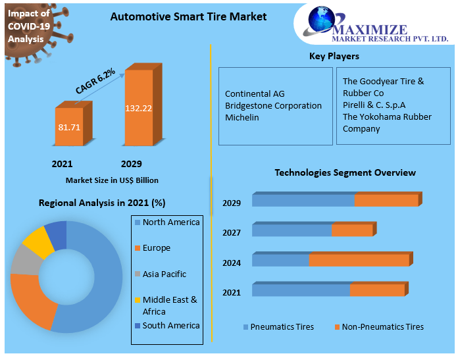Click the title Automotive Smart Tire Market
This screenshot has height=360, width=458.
tap(188, 16)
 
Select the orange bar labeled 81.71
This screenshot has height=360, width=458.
tap(68, 126)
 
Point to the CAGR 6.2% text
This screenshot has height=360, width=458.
tap(95, 81)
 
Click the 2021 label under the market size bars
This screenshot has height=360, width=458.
tap(62, 164)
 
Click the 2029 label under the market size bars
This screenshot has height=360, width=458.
tap(131, 164)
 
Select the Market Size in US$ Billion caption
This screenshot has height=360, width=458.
tap(112, 180)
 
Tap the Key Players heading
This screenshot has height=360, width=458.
tap(334, 57)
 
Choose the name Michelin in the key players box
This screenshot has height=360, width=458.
tap(242, 118)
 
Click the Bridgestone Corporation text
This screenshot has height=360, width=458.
tap(273, 105)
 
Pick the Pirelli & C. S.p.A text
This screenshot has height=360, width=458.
tap(374, 105)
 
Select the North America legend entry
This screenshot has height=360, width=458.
tap(170, 222)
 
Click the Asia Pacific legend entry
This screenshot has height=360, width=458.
tap(164, 274)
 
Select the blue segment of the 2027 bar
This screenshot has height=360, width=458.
tap(292, 230)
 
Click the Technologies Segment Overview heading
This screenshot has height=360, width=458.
tap(345, 172)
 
